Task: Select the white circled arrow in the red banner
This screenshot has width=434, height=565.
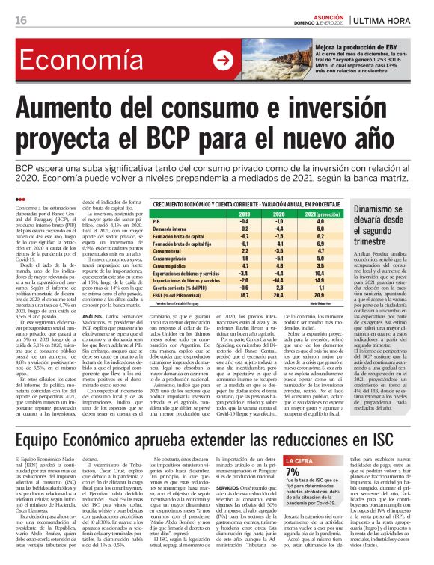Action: coord(222,61)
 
